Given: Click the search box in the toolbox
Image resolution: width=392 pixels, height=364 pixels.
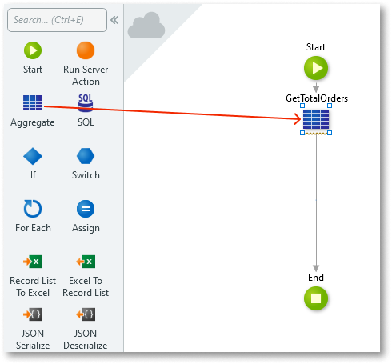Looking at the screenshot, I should point(56,21).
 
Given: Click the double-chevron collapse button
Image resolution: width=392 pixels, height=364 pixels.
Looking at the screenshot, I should point(114,21).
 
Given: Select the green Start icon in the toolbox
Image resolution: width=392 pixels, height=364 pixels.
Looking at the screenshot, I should point(33,50).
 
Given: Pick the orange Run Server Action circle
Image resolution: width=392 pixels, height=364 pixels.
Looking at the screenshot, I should point(86,50).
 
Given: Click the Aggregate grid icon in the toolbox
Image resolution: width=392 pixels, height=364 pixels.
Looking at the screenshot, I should point(33,103).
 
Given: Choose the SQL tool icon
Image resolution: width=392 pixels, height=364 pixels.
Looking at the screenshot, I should point(86,103).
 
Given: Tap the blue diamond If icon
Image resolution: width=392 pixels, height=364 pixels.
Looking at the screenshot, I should point(33,156).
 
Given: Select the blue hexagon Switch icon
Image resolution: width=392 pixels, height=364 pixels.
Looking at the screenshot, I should point(86,156).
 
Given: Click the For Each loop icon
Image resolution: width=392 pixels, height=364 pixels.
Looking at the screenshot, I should point(33,209).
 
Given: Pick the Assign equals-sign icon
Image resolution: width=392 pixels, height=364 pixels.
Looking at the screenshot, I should point(86,209).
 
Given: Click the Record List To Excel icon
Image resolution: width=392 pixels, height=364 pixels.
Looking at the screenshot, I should point(33,262).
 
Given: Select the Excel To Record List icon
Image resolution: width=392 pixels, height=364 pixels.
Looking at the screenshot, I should point(86,262).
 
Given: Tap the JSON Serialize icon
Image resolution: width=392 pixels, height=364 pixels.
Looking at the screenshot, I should point(33,314).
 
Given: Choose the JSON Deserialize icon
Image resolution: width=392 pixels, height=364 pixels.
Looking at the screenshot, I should point(86,314).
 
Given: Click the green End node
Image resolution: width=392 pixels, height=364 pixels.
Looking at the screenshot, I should point(316,298).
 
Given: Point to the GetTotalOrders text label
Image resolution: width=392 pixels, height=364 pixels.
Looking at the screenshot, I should point(317,98).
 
